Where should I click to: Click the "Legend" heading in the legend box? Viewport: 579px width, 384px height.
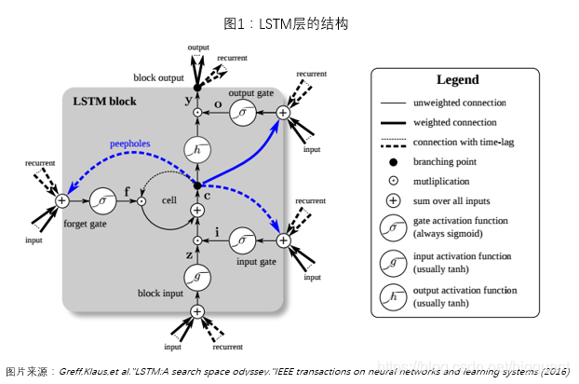pos(457,80)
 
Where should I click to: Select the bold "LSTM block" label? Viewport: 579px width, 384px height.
pos(104,101)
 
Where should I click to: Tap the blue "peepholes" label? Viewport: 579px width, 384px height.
pos(129,145)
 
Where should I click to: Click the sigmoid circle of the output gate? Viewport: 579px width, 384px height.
pos(243,113)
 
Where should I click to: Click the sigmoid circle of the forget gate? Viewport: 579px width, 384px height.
pos(101,199)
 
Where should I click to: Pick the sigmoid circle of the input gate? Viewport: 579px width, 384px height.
pos(243,240)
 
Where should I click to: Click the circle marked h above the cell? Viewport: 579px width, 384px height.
pos(197,149)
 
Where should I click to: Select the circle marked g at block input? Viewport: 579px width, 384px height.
pos(197,277)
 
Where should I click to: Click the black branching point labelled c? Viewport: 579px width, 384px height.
pos(197,185)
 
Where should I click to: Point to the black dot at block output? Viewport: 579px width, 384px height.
pos(197,87)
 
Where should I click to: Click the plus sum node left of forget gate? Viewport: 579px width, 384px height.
pos(61,199)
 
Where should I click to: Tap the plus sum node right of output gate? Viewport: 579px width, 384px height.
pos(284,113)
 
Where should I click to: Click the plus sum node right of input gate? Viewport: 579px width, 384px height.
pos(284,240)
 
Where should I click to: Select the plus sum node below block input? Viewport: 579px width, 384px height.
pos(197,311)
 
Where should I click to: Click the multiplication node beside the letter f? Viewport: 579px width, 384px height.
pos(141,199)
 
